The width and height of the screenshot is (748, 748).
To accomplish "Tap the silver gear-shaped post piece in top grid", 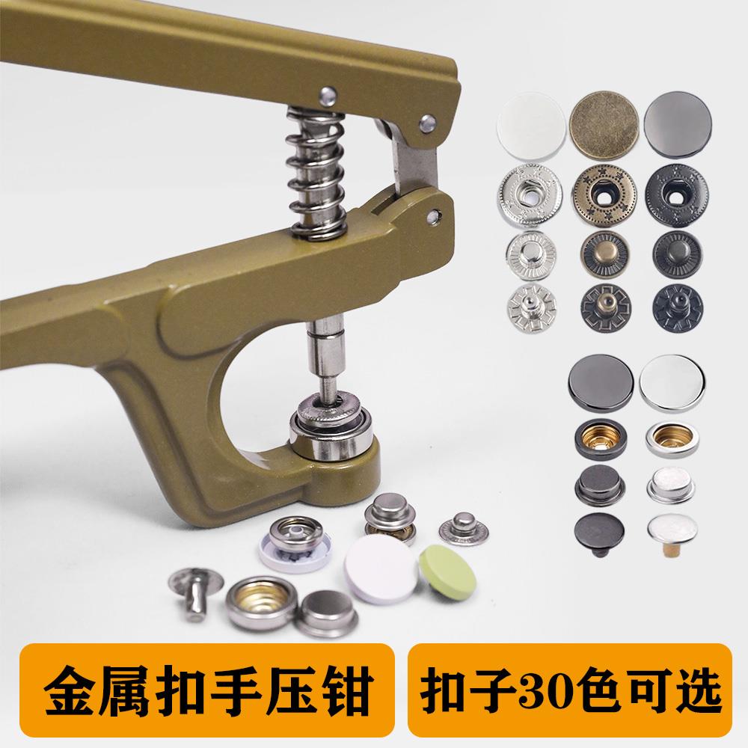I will tap(521, 306).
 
